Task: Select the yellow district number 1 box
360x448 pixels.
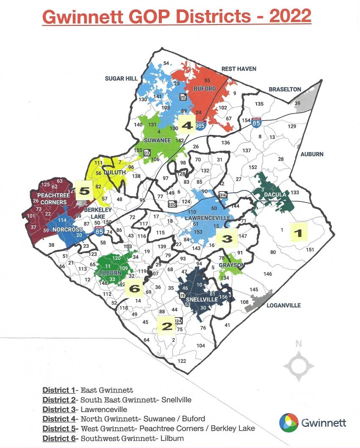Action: tap(298, 232)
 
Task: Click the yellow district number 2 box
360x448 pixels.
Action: tap(166, 326)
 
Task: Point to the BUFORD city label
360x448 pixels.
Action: tap(205, 89)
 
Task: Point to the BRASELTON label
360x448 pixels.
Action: tap(285, 89)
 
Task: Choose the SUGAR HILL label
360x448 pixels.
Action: tap(121, 78)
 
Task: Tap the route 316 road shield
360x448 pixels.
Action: tap(223, 195)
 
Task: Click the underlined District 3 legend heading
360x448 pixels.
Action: tap(59, 409)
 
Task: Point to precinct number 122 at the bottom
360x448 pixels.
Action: tap(182, 361)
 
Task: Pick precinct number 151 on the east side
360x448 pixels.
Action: tap(310, 250)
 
